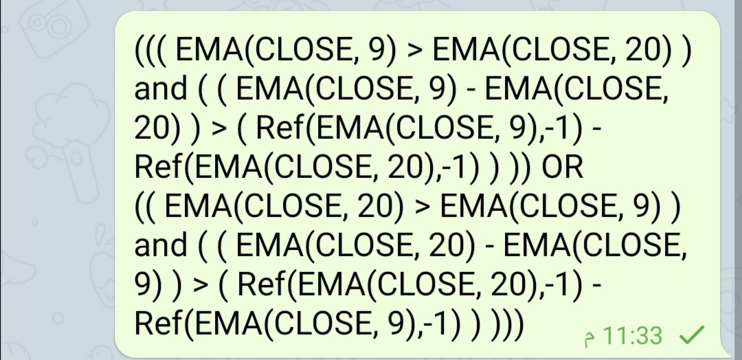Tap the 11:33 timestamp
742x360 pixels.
(x=636, y=336)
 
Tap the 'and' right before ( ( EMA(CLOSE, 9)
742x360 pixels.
(x=161, y=89)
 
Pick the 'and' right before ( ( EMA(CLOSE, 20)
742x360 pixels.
(x=161, y=245)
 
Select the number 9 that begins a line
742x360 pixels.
(x=144, y=284)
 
